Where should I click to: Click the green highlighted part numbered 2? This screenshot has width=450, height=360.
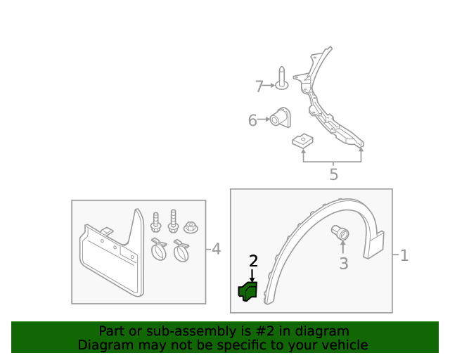click(247, 291)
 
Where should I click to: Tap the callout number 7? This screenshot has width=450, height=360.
click(259, 86)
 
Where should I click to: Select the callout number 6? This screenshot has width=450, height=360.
click(252, 120)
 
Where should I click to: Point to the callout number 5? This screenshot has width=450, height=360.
click(333, 174)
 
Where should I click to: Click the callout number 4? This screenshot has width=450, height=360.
click(216, 249)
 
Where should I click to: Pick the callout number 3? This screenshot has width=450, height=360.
click(344, 263)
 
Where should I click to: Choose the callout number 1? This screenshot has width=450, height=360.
click(404, 255)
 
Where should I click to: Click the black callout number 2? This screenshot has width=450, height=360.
click(253, 261)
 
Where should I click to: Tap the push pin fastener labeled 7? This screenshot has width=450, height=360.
click(282, 78)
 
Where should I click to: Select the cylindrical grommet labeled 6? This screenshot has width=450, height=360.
click(281, 117)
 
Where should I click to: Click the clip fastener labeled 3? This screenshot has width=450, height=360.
click(340, 233)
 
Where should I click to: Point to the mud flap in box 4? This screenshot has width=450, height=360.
click(112, 253)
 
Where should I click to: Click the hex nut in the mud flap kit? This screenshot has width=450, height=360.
click(191, 227)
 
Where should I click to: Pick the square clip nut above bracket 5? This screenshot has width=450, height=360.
click(302, 140)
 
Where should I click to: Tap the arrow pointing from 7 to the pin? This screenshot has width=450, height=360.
click(269, 85)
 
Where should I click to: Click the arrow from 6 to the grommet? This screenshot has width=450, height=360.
click(264, 119)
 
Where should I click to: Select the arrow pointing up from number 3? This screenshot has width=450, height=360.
click(342, 247)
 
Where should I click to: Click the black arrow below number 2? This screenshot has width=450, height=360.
click(252, 276)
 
